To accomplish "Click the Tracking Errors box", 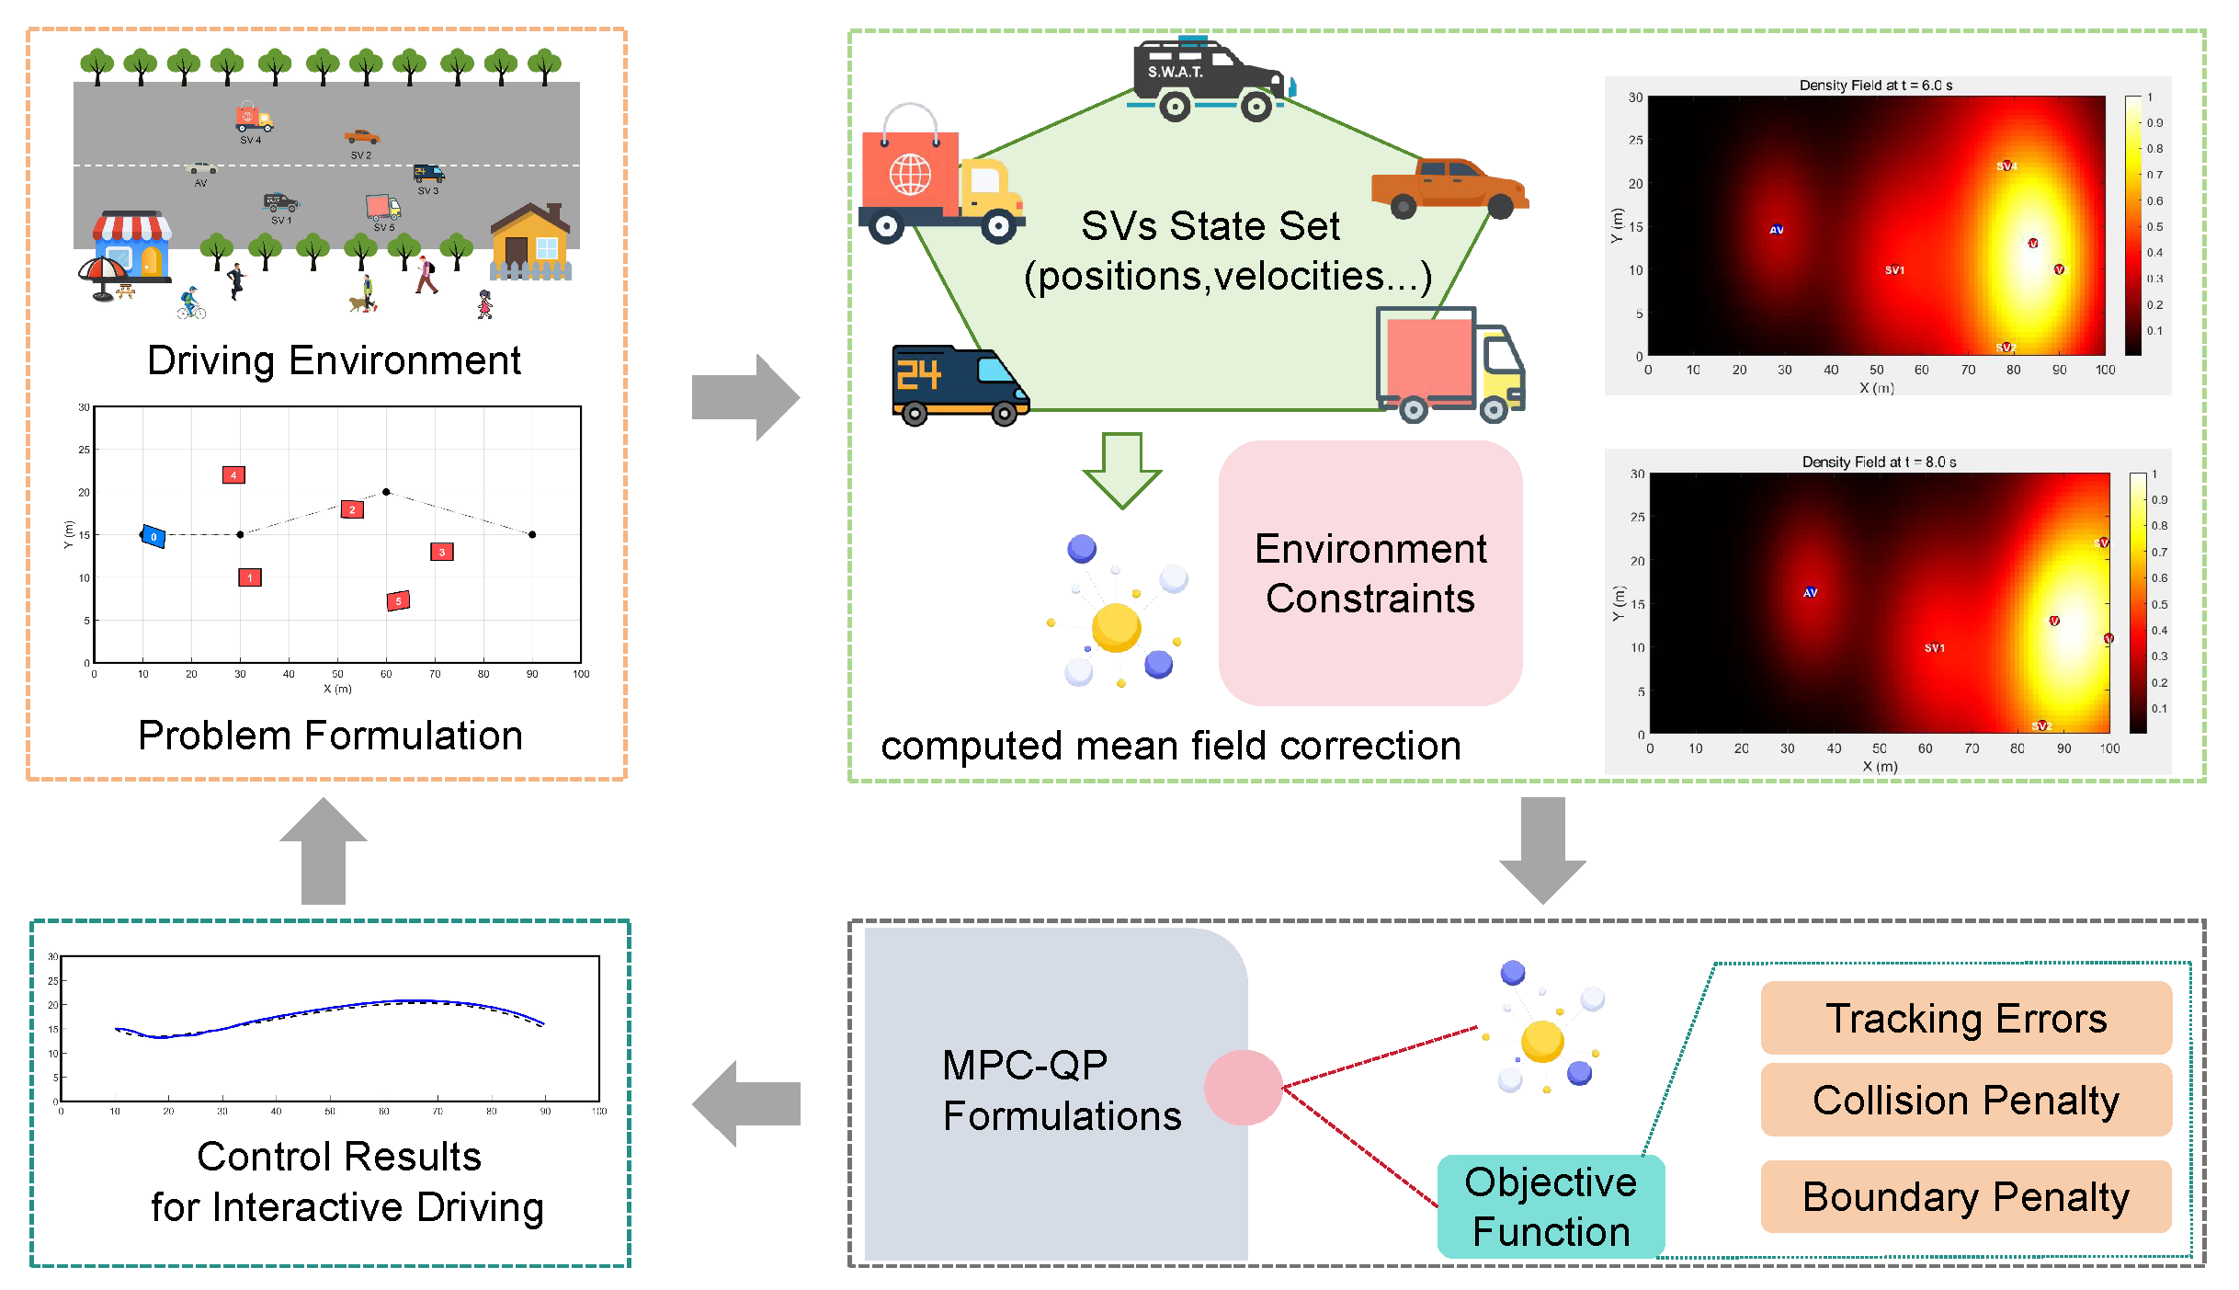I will pyautogui.click(x=1965, y=1018).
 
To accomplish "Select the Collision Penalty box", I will pyautogui.click(x=1965, y=1100).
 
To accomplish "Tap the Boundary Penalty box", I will pyautogui.click(x=1965, y=1196).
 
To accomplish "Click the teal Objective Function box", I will pyautogui.click(x=1551, y=1206).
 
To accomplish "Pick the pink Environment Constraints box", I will pyautogui.click(x=1370, y=573).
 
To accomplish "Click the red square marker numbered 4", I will pyautogui.click(x=233, y=475).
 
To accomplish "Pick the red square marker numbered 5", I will pyautogui.click(x=398, y=600).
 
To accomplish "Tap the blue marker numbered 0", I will pyautogui.click(x=153, y=536).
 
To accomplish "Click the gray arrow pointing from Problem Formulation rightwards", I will pyautogui.click(x=745, y=397).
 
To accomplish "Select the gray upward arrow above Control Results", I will pyautogui.click(x=324, y=850).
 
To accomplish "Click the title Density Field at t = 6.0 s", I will pyautogui.click(x=1875, y=86).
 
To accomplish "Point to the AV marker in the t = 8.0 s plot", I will pyautogui.click(x=1810, y=592).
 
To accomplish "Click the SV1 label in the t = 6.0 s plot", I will pyautogui.click(x=1894, y=270).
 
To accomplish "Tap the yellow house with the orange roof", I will pyautogui.click(x=530, y=242).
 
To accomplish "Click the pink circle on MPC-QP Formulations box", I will pyautogui.click(x=1243, y=1088).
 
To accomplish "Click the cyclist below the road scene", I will pyautogui.click(x=190, y=304).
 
